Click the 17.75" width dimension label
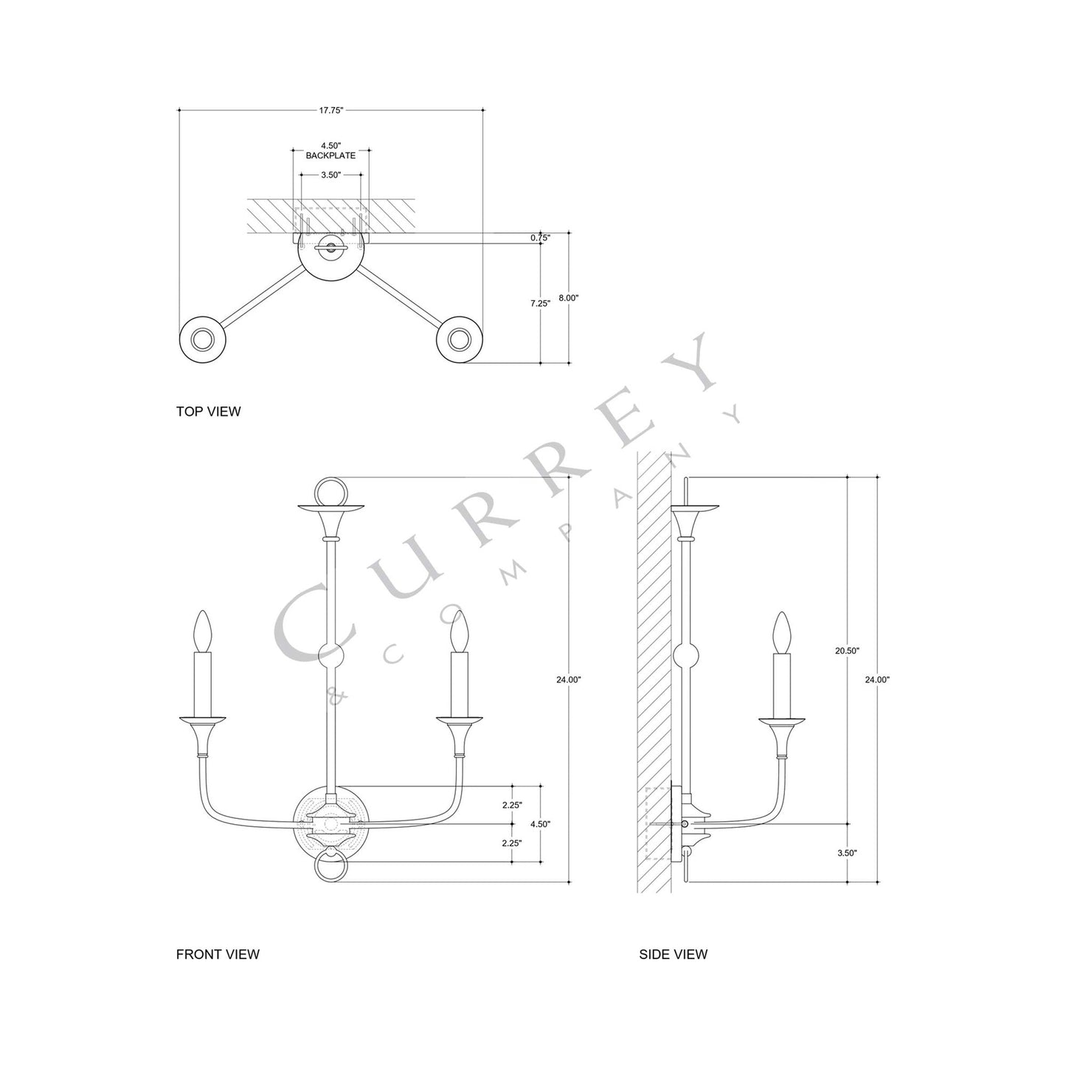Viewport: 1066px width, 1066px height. (331, 111)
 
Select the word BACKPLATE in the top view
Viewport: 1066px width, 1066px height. (330, 156)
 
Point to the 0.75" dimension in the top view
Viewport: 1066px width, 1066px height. (540, 238)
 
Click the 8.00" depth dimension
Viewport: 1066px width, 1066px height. (568, 298)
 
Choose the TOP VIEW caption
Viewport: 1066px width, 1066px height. (208, 412)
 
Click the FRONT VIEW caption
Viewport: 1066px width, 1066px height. (218, 954)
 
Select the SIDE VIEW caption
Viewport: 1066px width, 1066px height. (673, 954)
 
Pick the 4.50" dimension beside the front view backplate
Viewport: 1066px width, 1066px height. (540, 823)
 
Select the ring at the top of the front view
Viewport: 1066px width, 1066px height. (330, 491)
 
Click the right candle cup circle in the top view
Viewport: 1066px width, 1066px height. (459, 339)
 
